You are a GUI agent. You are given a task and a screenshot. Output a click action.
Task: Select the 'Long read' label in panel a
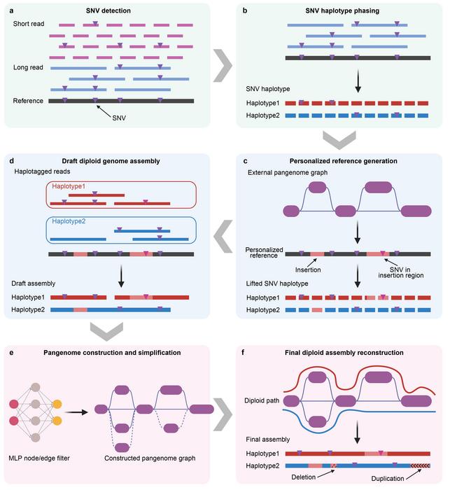[29, 68]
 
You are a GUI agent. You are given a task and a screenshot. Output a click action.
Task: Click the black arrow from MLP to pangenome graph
[82, 411]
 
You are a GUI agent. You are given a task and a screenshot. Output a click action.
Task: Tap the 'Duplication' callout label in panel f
[391, 478]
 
